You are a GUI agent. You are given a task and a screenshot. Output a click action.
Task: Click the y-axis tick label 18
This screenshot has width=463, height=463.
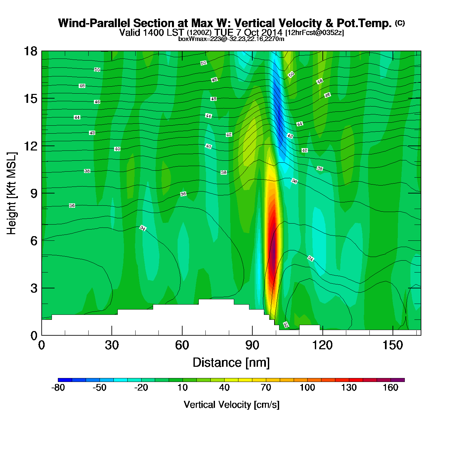(x=30, y=51)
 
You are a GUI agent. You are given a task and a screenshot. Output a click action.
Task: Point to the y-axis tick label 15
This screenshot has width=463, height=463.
(x=30, y=99)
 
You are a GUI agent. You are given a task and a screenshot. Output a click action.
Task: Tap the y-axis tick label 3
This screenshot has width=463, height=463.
(x=34, y=288)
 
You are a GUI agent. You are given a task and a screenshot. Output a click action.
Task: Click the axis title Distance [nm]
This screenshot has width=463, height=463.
(x=231, y=363)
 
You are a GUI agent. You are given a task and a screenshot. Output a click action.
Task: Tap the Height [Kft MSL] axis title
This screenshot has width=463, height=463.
(x=12, y=193)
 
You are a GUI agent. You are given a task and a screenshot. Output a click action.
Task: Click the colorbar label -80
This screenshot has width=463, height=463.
(x=58, y=388)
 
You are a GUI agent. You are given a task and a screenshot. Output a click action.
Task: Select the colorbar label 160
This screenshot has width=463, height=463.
(x=391, y=388)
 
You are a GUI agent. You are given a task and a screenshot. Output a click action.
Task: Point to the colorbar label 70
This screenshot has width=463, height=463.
(x=266, y=388)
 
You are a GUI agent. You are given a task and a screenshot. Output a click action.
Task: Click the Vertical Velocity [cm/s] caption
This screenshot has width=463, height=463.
(x=232, y=404)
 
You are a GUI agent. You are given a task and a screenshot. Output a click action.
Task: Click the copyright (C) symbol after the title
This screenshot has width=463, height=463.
(x=400, y=23)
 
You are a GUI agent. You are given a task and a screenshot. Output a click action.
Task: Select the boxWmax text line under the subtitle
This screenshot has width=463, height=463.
(x=231, y=39)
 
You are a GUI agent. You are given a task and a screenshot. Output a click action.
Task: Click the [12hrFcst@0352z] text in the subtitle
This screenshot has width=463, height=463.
(x=315, y=33)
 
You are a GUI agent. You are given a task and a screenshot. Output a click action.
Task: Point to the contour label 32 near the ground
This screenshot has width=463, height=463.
(x=286, y=325)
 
